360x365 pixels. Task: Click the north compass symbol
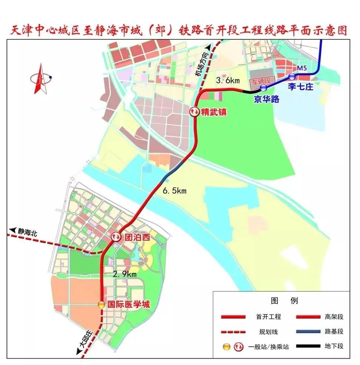coord(40,79)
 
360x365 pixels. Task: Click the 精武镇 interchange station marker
coord(194,112)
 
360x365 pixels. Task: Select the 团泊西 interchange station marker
coord(116,237)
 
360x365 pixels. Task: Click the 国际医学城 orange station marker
coord(101,305)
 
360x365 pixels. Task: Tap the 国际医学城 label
coord(129,305)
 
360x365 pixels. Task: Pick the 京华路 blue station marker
coord(263,88)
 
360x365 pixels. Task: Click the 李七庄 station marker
coord(292,77)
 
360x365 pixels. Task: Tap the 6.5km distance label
coord(174,191)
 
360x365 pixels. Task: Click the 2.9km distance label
coord(125,274)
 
